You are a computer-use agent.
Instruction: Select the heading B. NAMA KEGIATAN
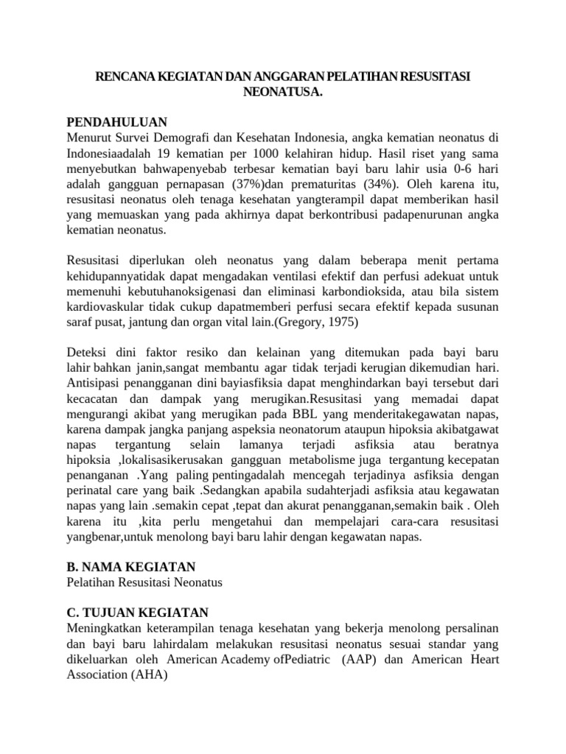coord(131,566)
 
